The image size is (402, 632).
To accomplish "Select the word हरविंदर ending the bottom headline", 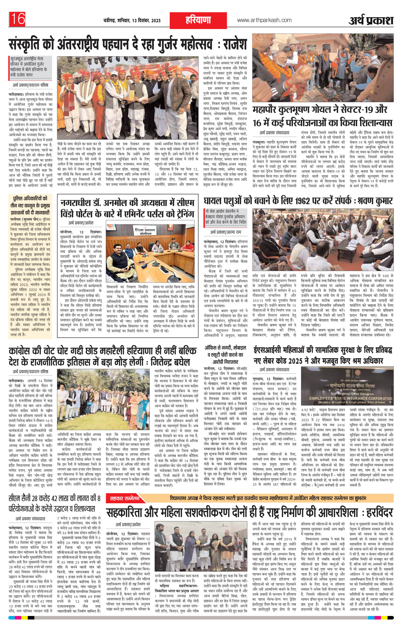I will pos(379,512).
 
